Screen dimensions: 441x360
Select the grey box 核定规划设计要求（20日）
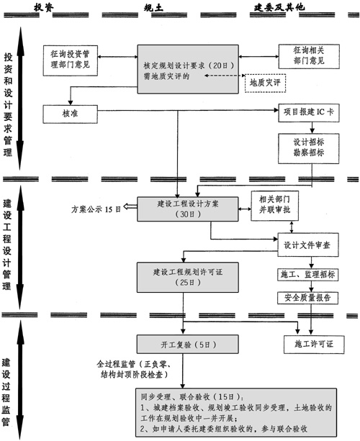[185, 68]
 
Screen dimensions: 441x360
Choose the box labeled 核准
[71, 114]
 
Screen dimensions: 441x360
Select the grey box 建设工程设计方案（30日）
[185, 209]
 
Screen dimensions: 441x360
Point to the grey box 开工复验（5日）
[175, 342]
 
